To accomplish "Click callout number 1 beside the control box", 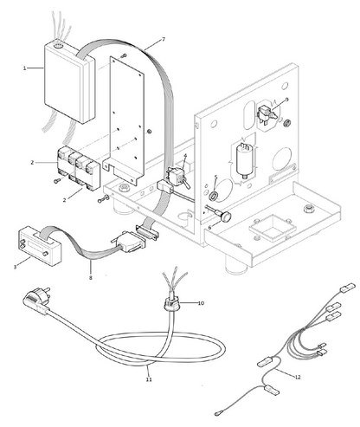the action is pos(24,68).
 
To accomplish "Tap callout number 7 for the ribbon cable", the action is pos(164,40).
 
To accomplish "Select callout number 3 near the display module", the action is pos(15,267).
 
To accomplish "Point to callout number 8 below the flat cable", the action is pos(91,278).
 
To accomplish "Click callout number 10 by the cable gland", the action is pos(201,303).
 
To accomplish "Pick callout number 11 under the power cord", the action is pos(149,379).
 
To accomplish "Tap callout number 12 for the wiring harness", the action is pos(298,377).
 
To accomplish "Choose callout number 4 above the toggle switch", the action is pos(185,156).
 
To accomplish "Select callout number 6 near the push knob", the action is pos(209,228).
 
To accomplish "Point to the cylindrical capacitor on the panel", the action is pos(245,160).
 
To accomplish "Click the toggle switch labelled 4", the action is pos(177,178).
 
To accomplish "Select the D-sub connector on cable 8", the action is pos(128,241).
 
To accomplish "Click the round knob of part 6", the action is pos(226,217).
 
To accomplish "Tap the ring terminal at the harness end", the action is pos(218,414).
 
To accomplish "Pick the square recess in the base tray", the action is pos(273,229).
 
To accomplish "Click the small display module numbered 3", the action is pos(40,246).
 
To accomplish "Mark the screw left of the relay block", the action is pos(56,181).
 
